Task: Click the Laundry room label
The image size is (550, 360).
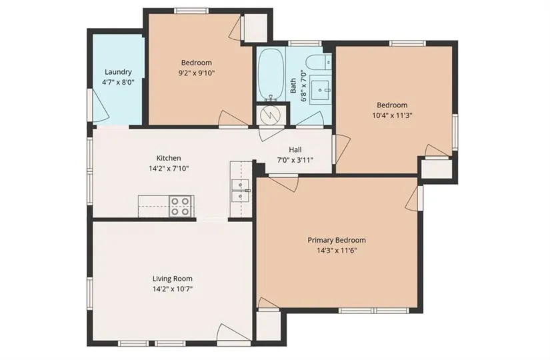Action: (118, 72)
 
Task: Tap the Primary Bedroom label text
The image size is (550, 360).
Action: (337, 241)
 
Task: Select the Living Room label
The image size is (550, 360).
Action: (172, 279)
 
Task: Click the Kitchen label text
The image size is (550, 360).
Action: (169, 158)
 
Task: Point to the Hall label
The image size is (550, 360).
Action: (295, 150)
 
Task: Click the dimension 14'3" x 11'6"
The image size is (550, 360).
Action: (337, 251)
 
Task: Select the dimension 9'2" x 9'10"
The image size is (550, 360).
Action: (197, 73)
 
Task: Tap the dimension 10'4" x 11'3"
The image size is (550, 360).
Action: (392, 115)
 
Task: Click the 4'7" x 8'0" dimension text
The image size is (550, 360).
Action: (118, 83)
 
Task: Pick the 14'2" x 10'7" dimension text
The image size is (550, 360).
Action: (172, 289)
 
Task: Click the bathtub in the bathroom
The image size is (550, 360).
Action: (271, 75)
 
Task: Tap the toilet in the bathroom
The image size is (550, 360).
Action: (318, 63)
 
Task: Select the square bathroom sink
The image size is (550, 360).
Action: (320, 90)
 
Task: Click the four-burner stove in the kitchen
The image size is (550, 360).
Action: (180, 206)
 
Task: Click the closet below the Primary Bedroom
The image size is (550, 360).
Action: (269, 325)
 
